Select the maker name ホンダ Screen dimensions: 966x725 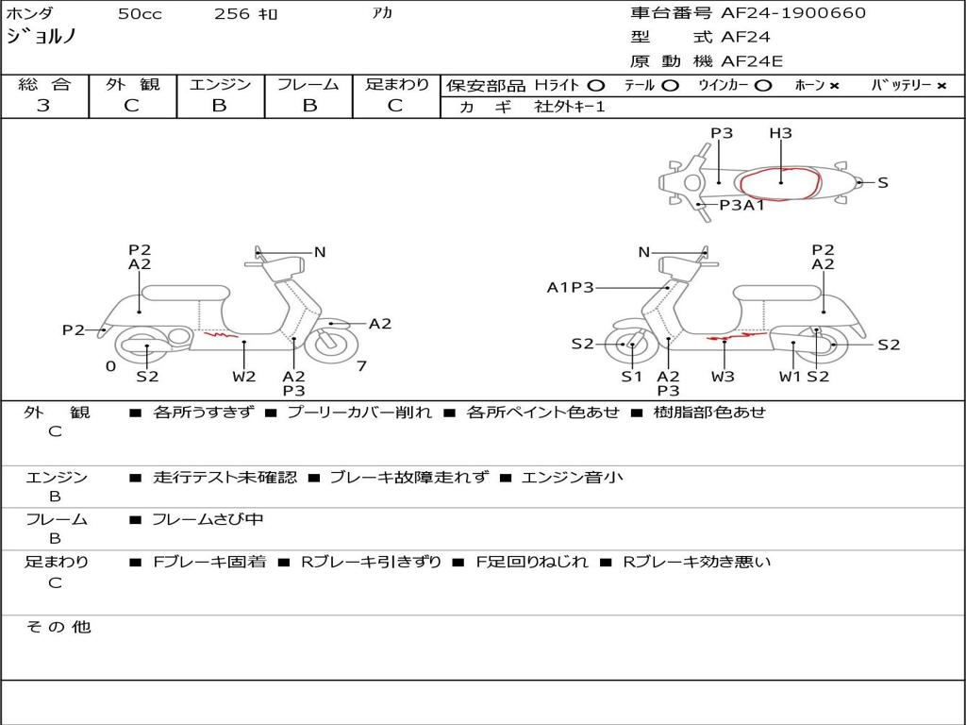pos(30,13)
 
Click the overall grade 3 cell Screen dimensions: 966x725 pos(43,106)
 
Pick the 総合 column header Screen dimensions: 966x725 pos(44,84)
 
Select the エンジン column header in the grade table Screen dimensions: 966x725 pos(220,84)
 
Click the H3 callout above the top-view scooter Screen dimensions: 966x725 pos(780,133)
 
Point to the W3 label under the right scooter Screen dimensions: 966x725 pos(724,377)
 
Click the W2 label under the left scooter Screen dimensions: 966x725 pos(244,377)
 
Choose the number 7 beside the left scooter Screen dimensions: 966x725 pos(361,366)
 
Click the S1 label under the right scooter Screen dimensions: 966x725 pos(631,377)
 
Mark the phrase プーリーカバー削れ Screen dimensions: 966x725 pos(359,413)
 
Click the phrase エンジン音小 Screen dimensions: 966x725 pos(572,478)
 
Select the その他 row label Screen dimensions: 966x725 pos(58,627)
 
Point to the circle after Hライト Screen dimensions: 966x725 pos(595,85)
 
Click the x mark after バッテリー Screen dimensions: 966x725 pos(941,85)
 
